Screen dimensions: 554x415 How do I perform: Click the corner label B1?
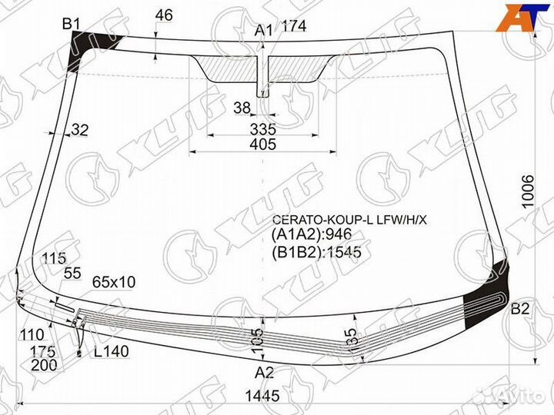[x=71, y=24]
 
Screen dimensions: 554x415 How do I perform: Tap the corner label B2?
[x=520, y=309]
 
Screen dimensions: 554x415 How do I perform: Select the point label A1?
[x=264, y=30]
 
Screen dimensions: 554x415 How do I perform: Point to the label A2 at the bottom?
[x=264, y=373]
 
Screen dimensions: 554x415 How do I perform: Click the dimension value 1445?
[x=262, y=396]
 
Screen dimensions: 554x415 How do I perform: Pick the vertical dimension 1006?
[x=528, y=191]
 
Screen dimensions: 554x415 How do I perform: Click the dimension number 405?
[x=263, y=144]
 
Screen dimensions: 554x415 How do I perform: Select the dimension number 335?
[x=263, y=129]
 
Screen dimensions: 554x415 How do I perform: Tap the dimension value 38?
[x=242, y=108]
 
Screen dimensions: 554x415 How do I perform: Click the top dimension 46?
[x=165, y=15]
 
